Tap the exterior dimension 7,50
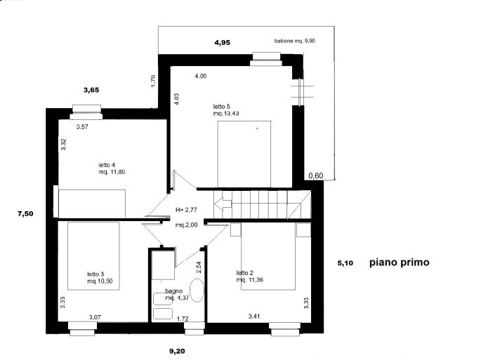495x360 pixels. (25, 213)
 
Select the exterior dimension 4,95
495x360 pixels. (222, 43)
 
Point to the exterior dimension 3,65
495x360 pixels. (91, 90)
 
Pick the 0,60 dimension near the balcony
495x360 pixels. (315, 175)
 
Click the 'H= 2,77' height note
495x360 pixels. (187, 210)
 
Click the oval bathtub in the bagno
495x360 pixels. (198, 290)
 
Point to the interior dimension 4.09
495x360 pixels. (200, 76)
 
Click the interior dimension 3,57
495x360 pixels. (81, 127)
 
